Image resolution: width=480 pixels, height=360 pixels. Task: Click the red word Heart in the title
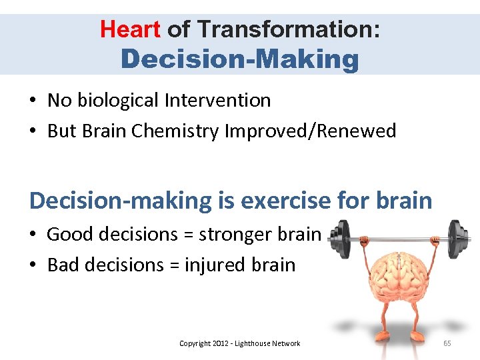click(130, 29)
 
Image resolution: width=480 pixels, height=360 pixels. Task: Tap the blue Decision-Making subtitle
click(240, 59)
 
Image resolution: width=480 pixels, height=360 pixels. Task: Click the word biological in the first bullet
click(115, 101)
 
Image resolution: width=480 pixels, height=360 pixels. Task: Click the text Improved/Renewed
click(311, 131)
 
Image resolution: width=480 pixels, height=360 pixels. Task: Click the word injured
click(213, 265)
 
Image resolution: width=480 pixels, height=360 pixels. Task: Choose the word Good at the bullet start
click(69, 235)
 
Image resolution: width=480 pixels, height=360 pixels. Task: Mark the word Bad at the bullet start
click(63, 265)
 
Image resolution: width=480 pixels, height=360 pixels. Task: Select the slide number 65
click(447, 343)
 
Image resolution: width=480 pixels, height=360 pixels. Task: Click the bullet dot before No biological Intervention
click(33, 101)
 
